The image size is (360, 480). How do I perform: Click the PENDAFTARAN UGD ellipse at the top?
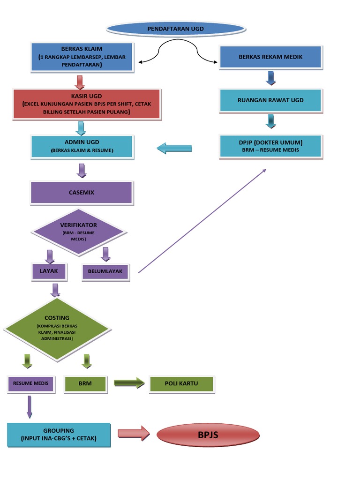(x=175, y=29)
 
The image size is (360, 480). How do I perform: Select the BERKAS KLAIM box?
(x=82, y=57)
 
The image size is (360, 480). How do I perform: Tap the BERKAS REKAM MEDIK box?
(x=270, y=57)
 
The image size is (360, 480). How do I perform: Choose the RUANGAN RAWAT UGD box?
(x=270, y=100)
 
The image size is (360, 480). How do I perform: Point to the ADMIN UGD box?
(x=82, y=146)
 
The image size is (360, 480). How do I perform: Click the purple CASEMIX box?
(x=82, y=192)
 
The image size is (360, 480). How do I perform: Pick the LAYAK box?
(x=48, y=271)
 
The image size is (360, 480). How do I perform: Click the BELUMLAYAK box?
(x=105, y=271)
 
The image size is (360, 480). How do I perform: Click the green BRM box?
(x=85, y=383)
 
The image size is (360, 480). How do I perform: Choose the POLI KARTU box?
(x=181, y=383)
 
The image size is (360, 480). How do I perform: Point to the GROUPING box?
(x=59, y=435)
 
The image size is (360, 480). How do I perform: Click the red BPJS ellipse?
(x=207, y=435)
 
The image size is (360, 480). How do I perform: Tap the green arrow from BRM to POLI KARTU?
(x=129, y=383)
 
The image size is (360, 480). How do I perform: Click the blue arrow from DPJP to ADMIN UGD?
(x=174, y=149)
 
